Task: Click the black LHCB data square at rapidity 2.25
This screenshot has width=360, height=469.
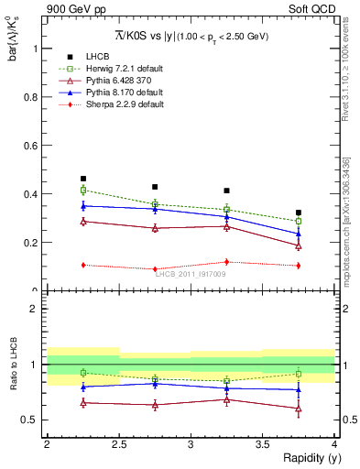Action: (x=83, y=179)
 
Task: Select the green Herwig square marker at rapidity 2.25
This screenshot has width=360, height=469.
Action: (x=83, y=190)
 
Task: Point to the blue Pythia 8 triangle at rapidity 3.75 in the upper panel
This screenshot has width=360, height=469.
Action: (x=299, y=234)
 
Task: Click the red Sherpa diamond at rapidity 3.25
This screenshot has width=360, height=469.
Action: (x=227, y=262)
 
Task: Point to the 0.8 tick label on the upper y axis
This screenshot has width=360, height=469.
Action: (x=32, y=96)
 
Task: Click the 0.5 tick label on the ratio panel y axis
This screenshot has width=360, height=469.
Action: (x=31, y=420)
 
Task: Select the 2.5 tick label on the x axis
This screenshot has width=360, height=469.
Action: (x=119, y=444)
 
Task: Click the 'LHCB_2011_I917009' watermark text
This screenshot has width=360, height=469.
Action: (x=191, y=274)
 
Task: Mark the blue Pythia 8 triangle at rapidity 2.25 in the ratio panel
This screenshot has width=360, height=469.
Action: (x=83, y=387)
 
